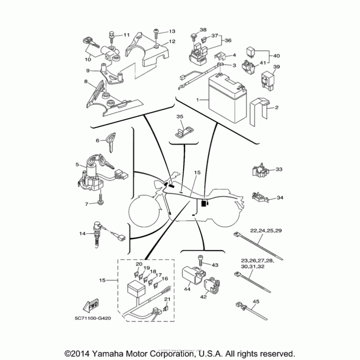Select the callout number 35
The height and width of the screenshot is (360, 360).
pyautogui.click(x=180, y=117)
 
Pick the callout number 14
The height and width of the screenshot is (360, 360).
pyautogui.click(x=82, y=234)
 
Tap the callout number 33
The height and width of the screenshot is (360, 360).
pyautogui.click(x=279, y=170)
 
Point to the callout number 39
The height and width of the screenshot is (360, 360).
pyautogui.click(x=277, y=67)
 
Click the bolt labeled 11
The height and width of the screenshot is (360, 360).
pyautogui.click(x=112, y=35)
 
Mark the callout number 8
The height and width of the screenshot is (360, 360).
pyautogui.click(x=85, y=81)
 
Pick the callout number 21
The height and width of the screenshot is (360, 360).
pyautogui.click(x=167, y=299)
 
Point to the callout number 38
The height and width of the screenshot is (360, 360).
pyautogui.click(x=202, y=30)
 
